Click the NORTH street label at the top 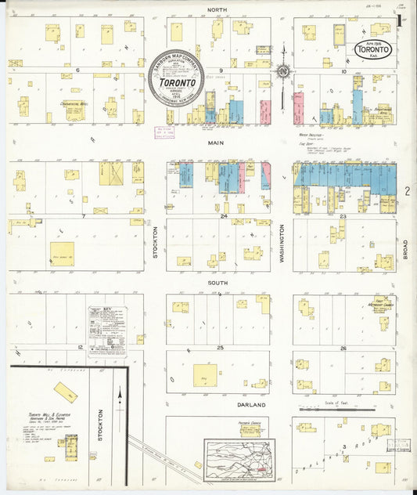(217, 10)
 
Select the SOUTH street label (217, 282)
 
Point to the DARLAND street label (250, 405)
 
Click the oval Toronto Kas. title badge (374, 49)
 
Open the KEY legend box (108, 327)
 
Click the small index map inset (239, 459)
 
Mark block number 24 (223, 215)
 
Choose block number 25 (221, 347)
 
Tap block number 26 (343, 347)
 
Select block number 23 (343, 215)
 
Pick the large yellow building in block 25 (205, 375)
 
